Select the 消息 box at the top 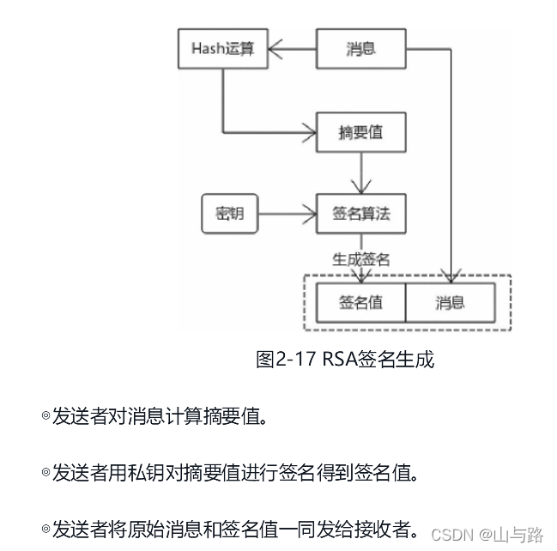(360, 48)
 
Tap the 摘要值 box (360, 133)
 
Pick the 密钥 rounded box (229, 213)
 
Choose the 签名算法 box (360, 213)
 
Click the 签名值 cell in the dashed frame (360, 302)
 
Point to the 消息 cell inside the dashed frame (450, 302)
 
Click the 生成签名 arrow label (360, 258)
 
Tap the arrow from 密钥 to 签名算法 (287, 213)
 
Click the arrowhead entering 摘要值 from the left (310, 133)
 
